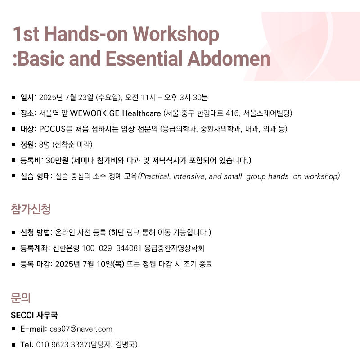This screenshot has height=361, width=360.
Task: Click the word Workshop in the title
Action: [x=175, y=34]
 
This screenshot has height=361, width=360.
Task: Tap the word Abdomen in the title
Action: [x=229, y=59]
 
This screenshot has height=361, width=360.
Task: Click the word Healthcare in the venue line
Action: [x=141, y=113]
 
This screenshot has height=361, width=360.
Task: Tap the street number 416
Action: [x=232, y=113]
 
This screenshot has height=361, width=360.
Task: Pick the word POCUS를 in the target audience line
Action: [x=56, y=129]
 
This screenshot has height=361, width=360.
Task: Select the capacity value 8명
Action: [x=44, y=144]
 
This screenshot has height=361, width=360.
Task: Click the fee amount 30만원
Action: [x=57, y=161]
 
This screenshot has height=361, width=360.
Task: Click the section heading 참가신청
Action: [x=31, y=209]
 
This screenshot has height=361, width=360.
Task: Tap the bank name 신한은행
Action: [x=66, y=248]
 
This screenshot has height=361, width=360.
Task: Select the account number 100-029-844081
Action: [x=112, y=248]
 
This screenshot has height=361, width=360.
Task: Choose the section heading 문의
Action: [x=21, y=298]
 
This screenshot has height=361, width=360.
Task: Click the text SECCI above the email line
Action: [x=22, y=315]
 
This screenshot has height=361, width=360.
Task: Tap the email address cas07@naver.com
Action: [x=81, y=329]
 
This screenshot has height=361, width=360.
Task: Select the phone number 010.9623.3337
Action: [x=62, y=345]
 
